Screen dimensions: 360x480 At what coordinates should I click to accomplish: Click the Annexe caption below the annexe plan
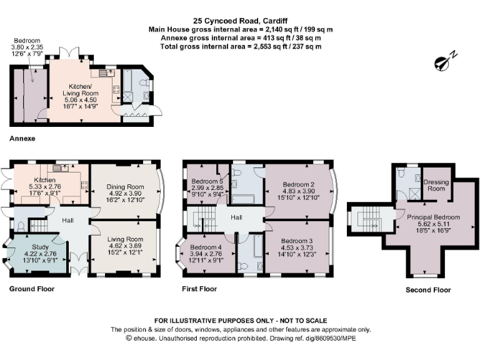pos(22,137)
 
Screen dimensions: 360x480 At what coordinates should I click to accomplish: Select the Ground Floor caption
pos(32,289)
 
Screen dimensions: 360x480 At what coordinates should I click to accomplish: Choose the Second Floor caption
pos(428,290)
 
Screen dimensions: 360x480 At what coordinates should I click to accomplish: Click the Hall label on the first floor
pos(236,217)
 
